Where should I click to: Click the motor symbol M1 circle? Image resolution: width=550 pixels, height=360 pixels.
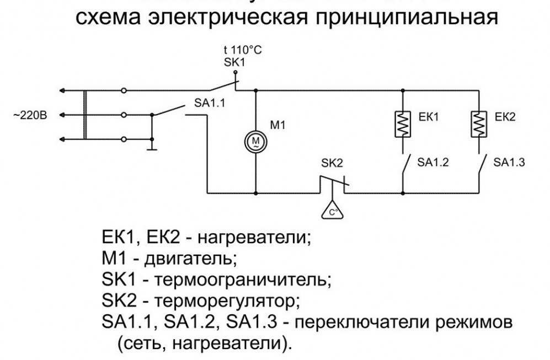pos(256,142)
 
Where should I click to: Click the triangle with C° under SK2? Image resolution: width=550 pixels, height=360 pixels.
pos(333,212)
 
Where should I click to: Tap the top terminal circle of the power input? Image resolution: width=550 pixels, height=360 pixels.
pos(125,90)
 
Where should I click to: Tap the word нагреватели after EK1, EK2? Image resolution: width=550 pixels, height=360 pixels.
pos(254,238)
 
